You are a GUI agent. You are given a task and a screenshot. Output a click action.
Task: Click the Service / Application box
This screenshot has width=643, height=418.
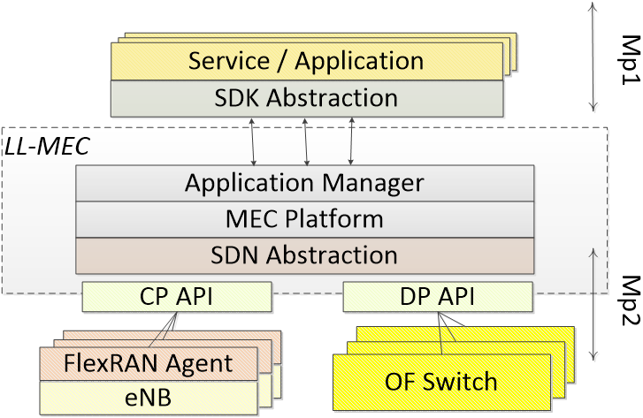306,62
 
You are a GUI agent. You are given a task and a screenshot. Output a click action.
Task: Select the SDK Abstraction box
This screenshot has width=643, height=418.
306,98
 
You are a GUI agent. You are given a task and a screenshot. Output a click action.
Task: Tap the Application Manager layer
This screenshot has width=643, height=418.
304,183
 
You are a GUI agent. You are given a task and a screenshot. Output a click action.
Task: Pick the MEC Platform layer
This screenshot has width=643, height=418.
304,218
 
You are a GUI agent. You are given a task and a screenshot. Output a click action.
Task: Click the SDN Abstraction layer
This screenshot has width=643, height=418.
304,255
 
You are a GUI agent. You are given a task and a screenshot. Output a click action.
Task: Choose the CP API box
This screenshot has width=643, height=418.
177,297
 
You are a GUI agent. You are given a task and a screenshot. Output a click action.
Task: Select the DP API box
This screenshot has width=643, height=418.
438,297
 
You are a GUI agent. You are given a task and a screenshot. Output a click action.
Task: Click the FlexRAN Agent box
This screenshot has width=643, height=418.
149,363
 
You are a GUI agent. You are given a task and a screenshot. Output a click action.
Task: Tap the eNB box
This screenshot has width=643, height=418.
149,398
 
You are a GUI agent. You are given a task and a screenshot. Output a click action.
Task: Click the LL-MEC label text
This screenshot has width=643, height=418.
47,147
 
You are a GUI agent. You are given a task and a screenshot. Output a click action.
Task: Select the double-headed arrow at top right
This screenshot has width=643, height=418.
594,57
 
